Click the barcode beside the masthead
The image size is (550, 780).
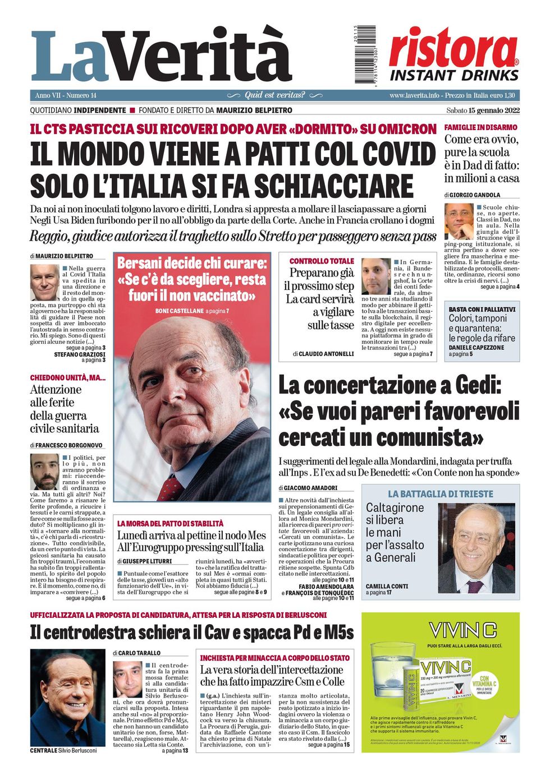[x=365, y=55]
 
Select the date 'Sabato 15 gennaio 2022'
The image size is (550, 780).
[x=483, y=110]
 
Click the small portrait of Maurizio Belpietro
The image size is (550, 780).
[x=44, y=282]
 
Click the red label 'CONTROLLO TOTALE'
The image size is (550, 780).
[x=322, y=261]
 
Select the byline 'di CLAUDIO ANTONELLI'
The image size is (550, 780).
[x=323, y=354]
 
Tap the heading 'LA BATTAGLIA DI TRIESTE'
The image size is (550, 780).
[x=441, y=494]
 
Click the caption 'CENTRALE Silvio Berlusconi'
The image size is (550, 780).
[x=63, y=750]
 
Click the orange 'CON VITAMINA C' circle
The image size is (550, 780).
[x=484, y=684]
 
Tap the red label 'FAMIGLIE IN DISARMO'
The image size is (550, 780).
[x=480, y=127]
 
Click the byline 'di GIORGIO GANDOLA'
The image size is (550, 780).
[x=472, y=195]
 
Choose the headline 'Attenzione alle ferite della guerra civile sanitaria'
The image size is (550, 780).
[x=65, y=409]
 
